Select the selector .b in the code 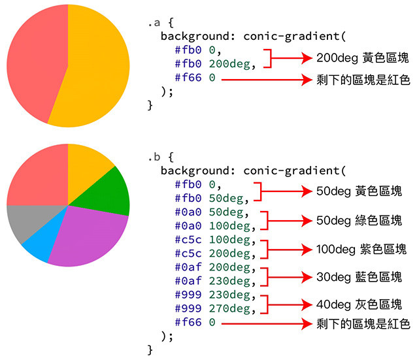(x=154, y=157)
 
